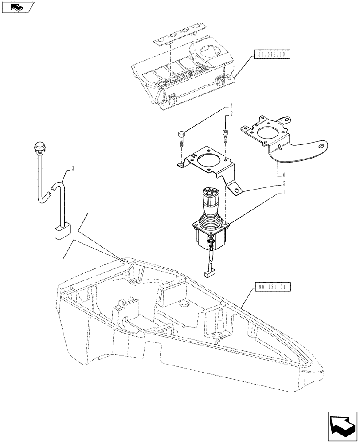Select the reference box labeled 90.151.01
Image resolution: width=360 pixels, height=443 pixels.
coord(273,287)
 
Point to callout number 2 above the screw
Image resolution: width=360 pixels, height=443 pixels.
coord(231,114)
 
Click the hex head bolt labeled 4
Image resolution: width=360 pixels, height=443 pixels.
coord(181,137)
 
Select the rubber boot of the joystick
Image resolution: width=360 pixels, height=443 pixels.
coord(211,220)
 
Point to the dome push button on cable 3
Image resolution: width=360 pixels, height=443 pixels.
coord(39,147)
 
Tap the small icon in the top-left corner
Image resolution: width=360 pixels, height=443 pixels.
coord(17,6)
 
